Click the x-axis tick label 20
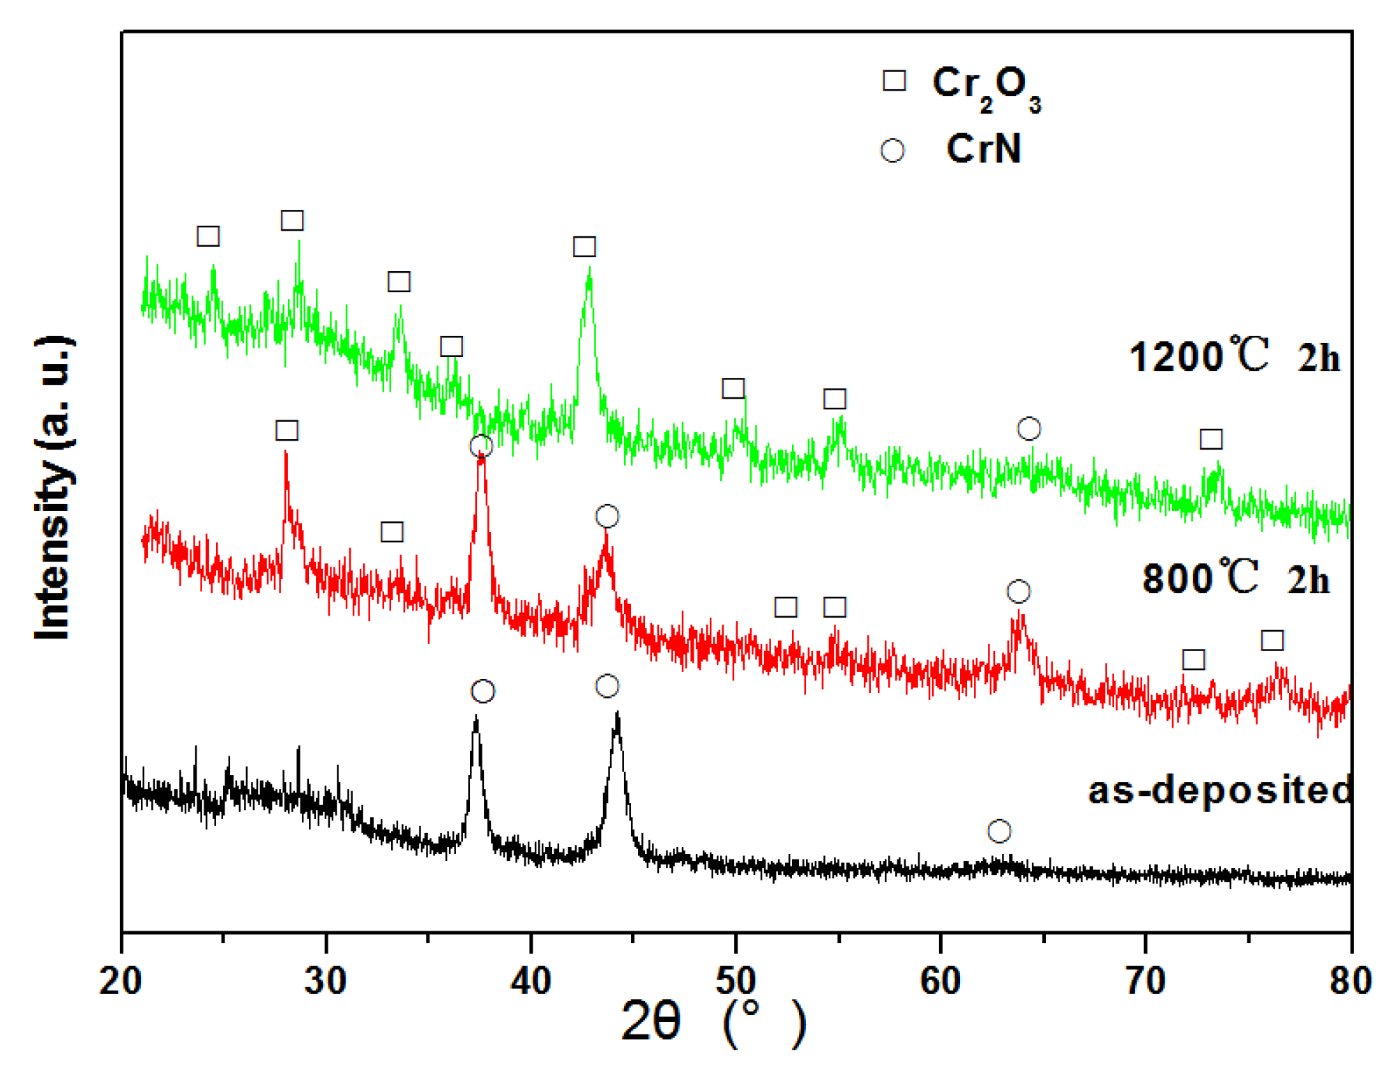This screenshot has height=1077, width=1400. click(x=121, y=981)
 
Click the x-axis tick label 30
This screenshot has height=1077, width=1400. click(x=326, y=981)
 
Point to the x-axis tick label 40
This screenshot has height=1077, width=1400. click(x=531, y=981)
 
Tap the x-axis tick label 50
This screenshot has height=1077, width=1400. click(x=736, y=981)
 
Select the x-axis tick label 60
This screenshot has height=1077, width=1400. click(x=941, y=981)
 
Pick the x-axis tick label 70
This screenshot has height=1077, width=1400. click(x=1146, y=981)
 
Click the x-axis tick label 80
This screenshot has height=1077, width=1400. click(x=1350, y=981)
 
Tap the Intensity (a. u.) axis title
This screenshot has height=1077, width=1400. click(x=54, y=488)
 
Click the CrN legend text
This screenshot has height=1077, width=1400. click(x=984, y=148)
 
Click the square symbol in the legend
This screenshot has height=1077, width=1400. click(x=894, y=80)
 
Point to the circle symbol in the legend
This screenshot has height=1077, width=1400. click(x=892, y=151)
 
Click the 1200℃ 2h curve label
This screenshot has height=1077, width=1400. click(x=1234, y=356)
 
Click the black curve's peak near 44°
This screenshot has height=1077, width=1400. click(x=617, y=715)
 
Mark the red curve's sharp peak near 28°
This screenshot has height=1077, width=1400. click(x=286, y=453)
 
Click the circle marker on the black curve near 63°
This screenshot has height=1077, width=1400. click(x=999, y=831)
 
